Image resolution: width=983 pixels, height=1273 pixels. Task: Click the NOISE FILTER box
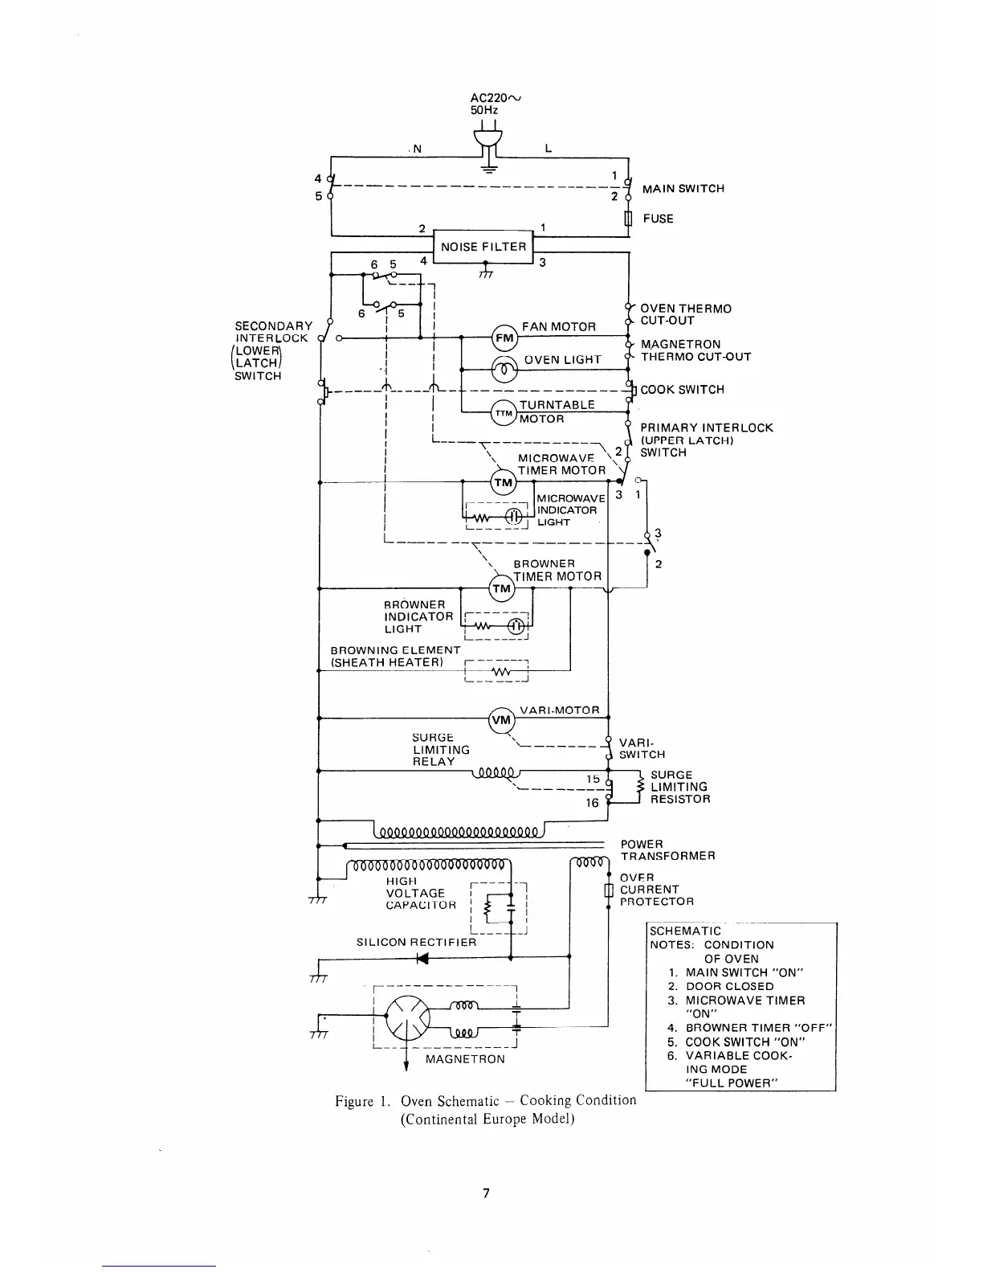(x=483, y=247)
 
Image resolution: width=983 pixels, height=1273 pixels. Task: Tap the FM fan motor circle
(x=504, y=338)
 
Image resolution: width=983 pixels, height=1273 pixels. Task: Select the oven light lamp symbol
(x=504, y=369)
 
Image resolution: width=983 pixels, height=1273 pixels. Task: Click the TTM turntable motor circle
(x=503, y=412)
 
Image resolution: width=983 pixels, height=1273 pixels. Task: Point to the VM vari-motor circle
(x=501, y=720)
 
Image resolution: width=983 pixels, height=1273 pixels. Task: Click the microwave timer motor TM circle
(x=503, y=482)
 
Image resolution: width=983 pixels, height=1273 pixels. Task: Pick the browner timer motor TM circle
(x=501, y=589)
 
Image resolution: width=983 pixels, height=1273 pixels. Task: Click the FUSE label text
(x=658, y=219)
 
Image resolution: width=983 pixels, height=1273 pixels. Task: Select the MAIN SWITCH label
(x=683, y=189)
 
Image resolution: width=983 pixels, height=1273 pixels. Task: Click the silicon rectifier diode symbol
(x=421, y=957)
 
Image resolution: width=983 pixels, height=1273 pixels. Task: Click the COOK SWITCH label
(x=682, y=390)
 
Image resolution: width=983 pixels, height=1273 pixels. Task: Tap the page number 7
(x=486, y=1193)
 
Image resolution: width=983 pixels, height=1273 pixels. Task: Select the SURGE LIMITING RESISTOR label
(x=679, y=787)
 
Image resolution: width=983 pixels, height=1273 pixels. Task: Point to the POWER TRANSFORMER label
(x=667, y=850)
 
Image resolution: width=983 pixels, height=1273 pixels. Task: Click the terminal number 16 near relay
(x=592, y=803)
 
